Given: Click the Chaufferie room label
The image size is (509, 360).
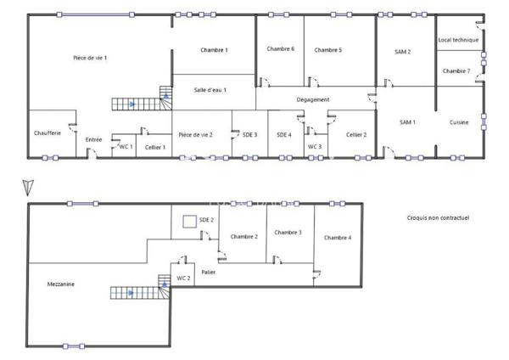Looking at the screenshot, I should (x=48, y=133).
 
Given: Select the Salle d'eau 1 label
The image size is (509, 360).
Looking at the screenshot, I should (x=210, y=90).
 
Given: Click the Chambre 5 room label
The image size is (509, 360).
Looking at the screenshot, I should (x=328, y=50).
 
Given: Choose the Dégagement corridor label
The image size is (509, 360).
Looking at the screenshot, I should (x=313, y=99).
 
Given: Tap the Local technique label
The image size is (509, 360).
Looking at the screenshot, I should (x=458, y=40).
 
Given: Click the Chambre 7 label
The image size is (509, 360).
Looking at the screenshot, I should (x=456, y=70).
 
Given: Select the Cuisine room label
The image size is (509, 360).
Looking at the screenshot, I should (x=460, y=122).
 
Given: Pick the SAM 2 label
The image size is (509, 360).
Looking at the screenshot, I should (x=403, y=52).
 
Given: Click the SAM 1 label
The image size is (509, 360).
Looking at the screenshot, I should (x=408, y=122).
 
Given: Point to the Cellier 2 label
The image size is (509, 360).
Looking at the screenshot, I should (x=356, y=134).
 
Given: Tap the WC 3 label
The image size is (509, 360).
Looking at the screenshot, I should (x=315, y=146).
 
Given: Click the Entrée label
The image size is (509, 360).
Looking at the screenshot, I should (x=94, y=139).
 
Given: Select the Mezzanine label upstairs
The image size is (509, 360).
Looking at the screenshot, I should (x=61, y=284).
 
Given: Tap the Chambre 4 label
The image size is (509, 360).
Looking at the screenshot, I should (x=338, y=238).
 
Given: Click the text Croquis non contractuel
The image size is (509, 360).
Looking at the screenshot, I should (x=439, y=217).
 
